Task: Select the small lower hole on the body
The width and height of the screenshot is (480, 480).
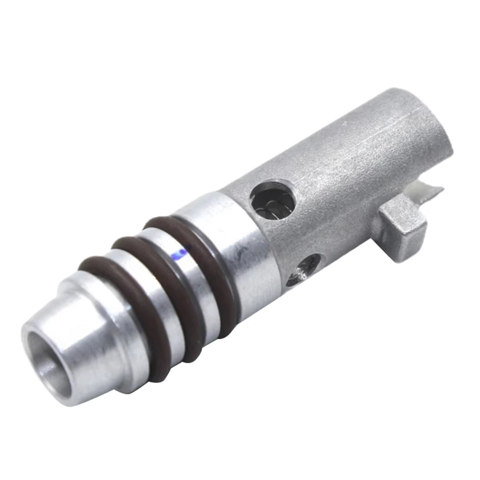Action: pyautogui.click(x=307, y=267)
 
